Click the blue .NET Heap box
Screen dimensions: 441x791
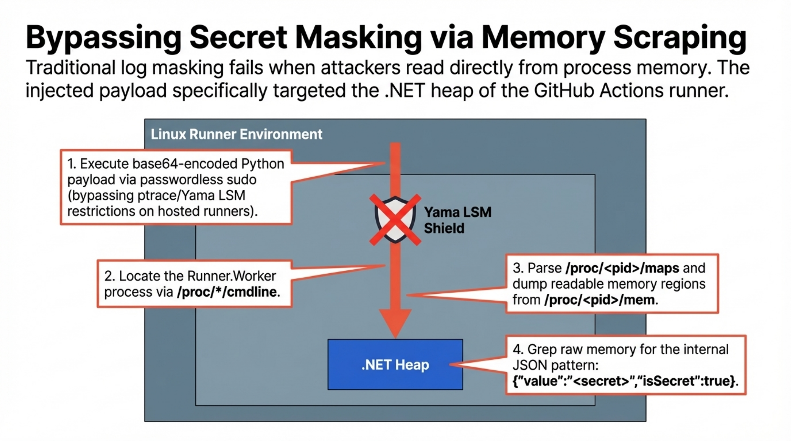click(x=395, y=364)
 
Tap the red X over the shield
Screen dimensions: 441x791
click(x=395, y=220)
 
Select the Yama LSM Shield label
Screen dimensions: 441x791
click(x=457, y=220)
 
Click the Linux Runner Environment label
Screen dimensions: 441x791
click(x=236, y=134)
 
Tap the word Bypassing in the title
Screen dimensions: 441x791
click(x=103, y=37)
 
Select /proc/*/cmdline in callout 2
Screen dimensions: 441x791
click(x=227, y=292)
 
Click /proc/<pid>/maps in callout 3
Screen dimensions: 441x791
click(x=622, y=268)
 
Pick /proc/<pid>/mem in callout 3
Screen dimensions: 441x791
click(x=599, y=300)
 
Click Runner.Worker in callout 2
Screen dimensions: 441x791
click(x=231, y=276)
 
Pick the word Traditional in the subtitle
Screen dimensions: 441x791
click(x=70, y=68)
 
